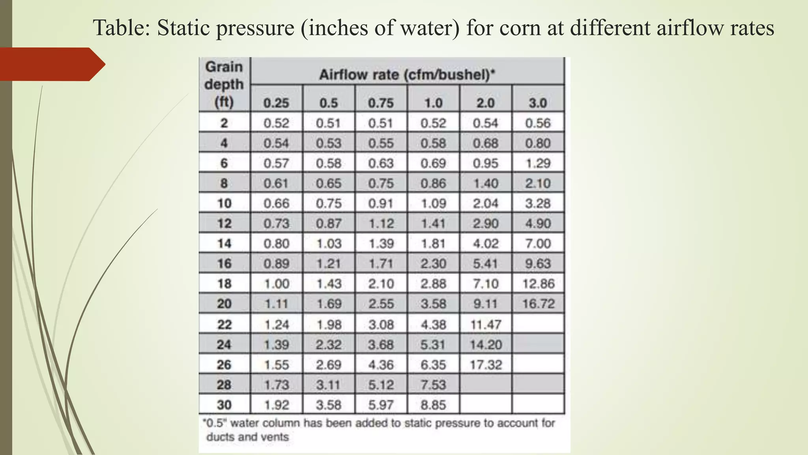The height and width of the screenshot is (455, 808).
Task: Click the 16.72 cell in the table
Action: (x=538, y=304)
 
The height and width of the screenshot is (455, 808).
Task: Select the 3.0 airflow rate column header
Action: (x=538, y=103)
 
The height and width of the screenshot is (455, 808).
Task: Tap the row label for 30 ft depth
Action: (x=224, y=405)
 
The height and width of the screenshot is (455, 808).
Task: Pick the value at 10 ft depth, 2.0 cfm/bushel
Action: (x=486, y=203)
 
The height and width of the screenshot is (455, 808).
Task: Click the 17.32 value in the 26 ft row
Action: (x=486, y=365)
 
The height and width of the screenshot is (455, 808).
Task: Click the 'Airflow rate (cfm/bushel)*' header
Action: (x=407, y=74)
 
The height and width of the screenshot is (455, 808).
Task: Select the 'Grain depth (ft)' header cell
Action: (x=224, y=85)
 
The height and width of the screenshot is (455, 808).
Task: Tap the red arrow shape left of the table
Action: (x=51, y=64)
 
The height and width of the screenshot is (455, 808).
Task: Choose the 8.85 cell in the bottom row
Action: (x=433, y=405)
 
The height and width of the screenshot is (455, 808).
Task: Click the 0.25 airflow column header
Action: (x=276, y=103)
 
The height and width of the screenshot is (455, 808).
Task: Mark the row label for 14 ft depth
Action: (x=224, y=244)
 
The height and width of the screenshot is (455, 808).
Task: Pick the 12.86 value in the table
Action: (x=538, y=284)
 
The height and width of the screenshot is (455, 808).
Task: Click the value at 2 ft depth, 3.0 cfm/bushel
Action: (x=538, y=123)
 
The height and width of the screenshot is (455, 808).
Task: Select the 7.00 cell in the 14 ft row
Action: (x=538, y=244)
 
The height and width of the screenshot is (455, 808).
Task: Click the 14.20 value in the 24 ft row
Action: (x=486, y=344)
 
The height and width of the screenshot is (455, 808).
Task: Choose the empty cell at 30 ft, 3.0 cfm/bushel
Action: (x=538, y=404)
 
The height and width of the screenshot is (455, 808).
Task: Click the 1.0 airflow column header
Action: (x=433, y=103)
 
